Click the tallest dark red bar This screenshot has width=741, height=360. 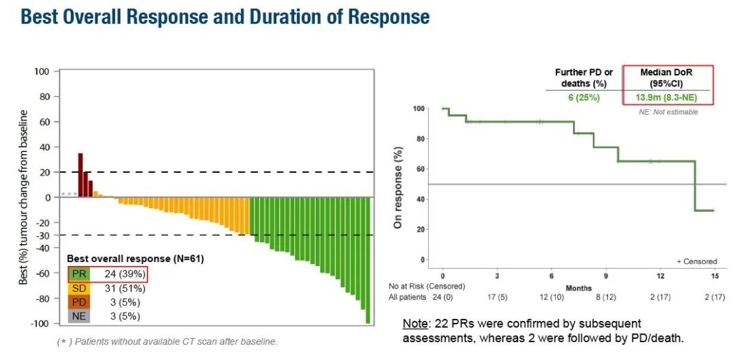[x=80, y=175]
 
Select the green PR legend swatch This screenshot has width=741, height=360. [x=79, y=274]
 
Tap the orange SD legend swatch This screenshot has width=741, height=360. [x=79, y=288]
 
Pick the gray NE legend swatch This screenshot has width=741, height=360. [x=79, y=316]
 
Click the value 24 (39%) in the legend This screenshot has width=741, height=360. [x=124, y=274]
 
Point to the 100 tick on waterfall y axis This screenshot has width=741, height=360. [x=43, y=71]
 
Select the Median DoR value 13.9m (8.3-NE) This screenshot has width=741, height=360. [x=668, y=97]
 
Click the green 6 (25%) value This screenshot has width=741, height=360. [x=583, y=97]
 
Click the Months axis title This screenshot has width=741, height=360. [x=578, y=289]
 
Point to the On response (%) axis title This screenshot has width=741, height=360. [x=397, y=187]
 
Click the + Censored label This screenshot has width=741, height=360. [x=697, y=261]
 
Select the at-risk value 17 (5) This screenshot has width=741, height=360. [x=497, y=296]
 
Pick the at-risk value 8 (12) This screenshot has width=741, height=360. [x=606, y=296]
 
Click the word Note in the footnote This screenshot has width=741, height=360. [x=415, y=323]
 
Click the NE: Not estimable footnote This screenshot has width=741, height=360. [x=668, y=112]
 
